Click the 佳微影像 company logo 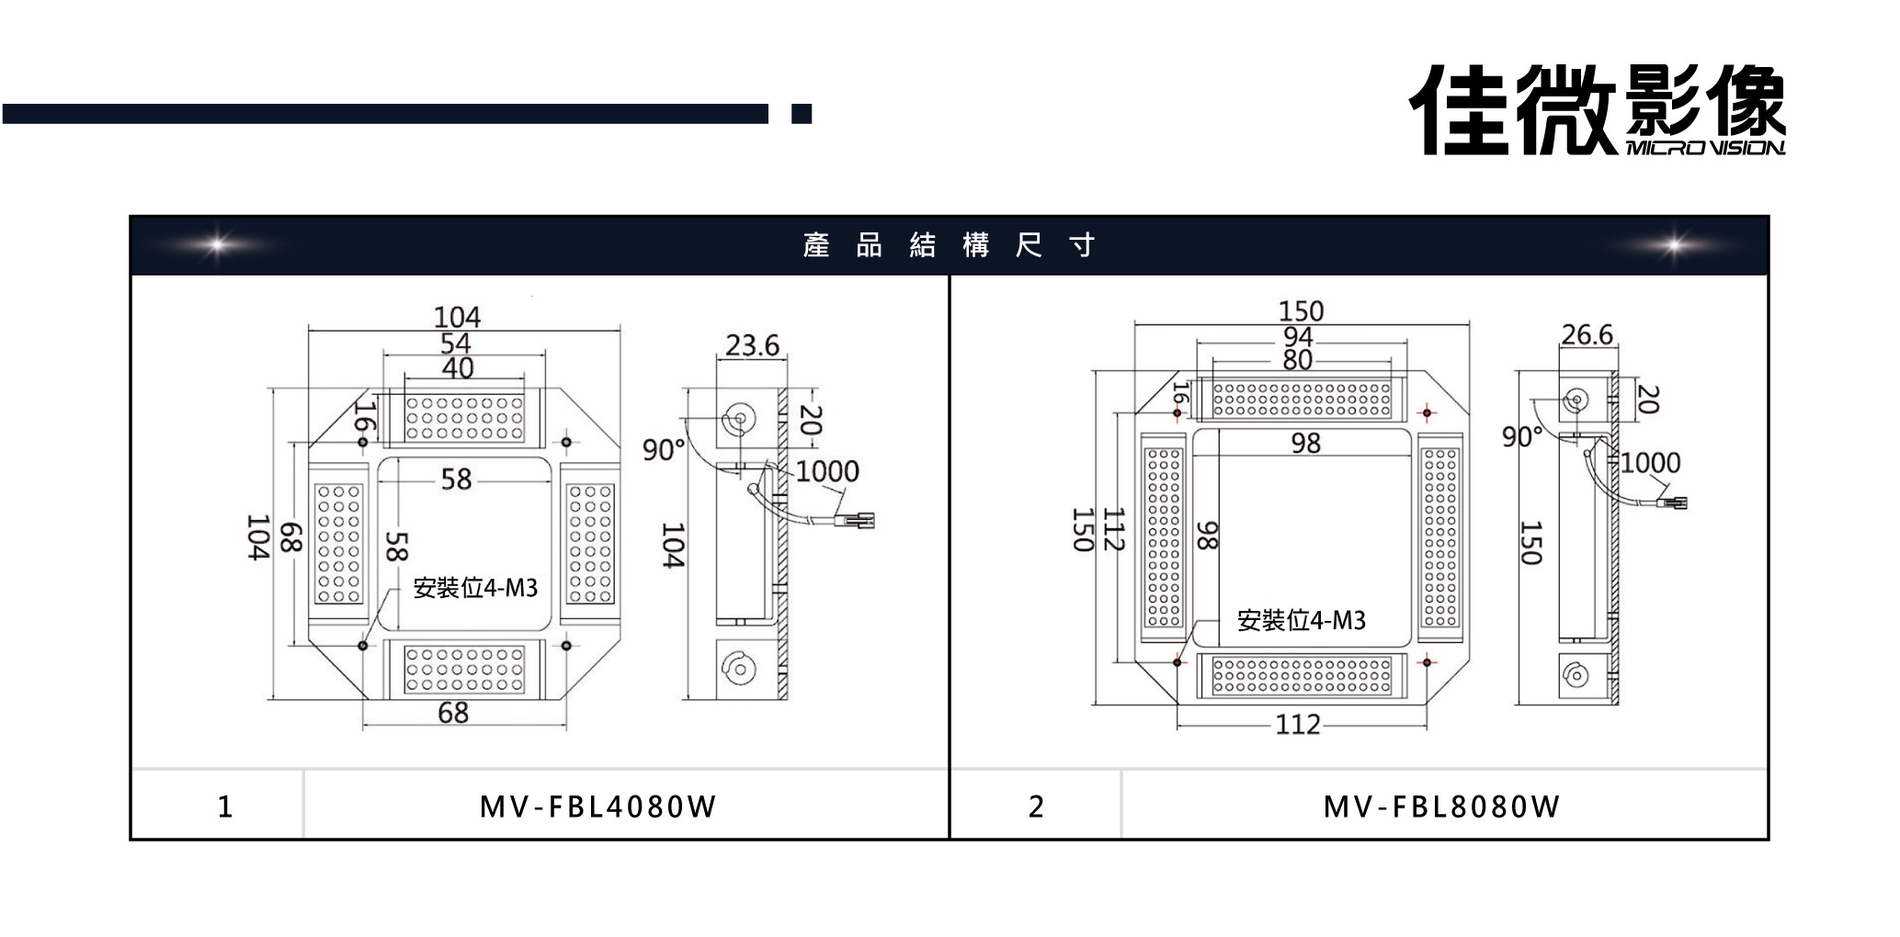point(1598,110)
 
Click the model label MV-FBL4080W point(597,807)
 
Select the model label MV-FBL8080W point(1441,807)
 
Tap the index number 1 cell point(225,807)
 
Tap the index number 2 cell point(1036,807)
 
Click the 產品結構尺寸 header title point(949,245)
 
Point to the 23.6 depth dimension point(752,345)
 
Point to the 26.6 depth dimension point(1587,334)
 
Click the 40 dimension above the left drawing point(458,368)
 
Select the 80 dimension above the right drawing point(1297,360)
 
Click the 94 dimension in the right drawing point(1297,337)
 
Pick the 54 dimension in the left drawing point(455,344)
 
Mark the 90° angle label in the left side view point(664,450)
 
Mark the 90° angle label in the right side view point(1521,436)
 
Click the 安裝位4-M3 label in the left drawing point(475,588)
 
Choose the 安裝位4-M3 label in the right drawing point(1301,621)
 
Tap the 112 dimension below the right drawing point(1297,725)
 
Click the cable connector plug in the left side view point(860,521)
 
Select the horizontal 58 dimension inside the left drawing point(456,479)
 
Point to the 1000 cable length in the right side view point(1650,462)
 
